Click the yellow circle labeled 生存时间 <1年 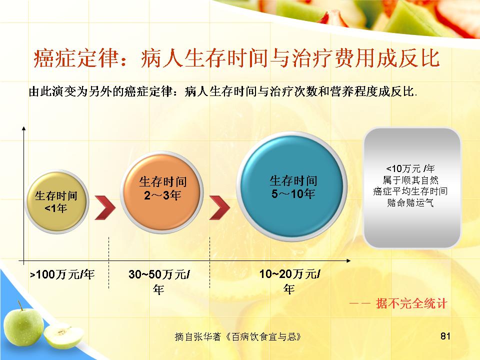[56, 201]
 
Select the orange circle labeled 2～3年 [162, 192]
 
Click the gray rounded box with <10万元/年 [411, 187]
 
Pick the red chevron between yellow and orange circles [105, 207]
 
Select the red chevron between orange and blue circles [219, 207]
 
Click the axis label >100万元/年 [62, 274]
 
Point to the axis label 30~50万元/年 [159, 281]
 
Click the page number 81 [445, 336]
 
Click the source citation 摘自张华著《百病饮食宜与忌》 [238, 336]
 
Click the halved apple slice [63, 336]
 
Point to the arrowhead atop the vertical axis [23, 128]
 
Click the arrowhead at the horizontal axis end [348, 261]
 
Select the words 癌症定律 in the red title [76, 58]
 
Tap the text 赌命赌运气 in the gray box [410, 202]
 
